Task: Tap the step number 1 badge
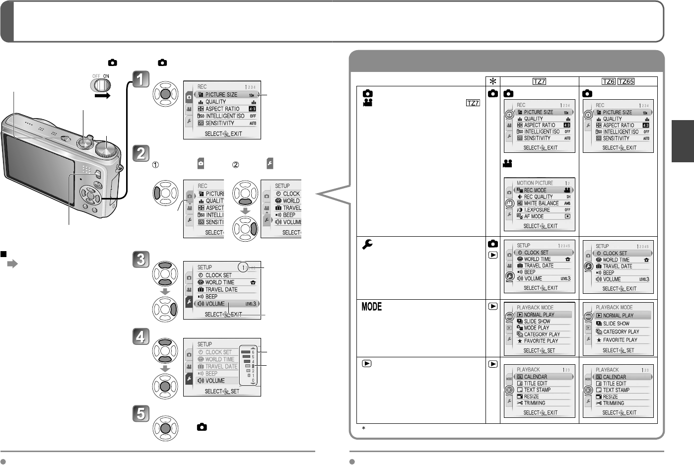141,78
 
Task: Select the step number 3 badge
141,259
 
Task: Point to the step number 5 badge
141,413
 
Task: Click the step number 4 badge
141,336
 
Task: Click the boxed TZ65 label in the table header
626,82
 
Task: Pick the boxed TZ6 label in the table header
608,82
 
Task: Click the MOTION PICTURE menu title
535,183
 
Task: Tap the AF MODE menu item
534,216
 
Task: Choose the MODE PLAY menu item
536,328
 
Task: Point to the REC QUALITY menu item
538,197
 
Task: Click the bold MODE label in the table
371,307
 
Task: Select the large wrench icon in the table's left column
367,244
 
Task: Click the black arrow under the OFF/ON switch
102,96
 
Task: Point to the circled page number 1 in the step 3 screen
242,267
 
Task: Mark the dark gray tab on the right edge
683,141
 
